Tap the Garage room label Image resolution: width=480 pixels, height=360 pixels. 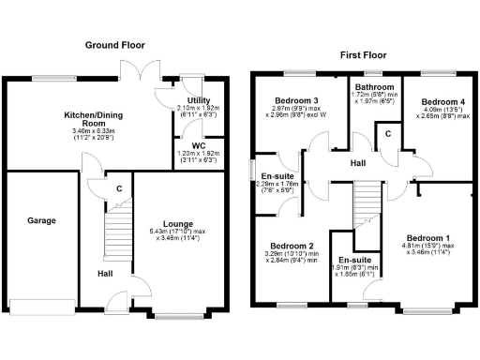[40, 221]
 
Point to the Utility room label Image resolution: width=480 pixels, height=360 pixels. [198, 99]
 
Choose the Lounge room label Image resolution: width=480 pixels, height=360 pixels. [178, 224]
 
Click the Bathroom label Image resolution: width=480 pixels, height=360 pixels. [373, 85]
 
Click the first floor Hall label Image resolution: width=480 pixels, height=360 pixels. [358, 163]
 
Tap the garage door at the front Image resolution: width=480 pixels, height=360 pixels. [41, 303]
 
